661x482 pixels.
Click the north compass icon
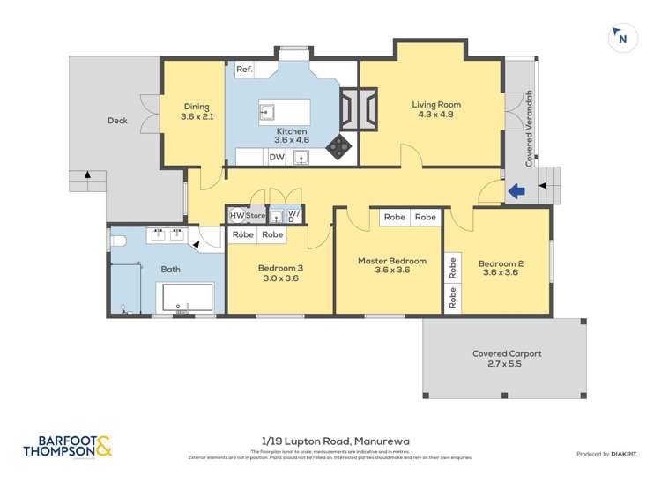[622, 38]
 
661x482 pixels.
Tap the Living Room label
[436, 105]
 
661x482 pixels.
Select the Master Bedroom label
[391, 261]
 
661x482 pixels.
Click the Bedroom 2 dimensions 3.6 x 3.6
[501, 273]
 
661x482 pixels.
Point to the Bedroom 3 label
[280, 268]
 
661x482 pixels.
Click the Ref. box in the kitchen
[244, 68]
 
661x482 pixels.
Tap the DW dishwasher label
[276, 157]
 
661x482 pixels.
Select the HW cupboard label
[236, 215]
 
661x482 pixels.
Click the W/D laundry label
[293, 215]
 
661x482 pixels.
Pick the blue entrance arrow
[516, 189]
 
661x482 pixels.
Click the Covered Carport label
[506, 353]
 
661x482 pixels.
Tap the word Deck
[118, 121]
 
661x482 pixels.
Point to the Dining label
[197, 107]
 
